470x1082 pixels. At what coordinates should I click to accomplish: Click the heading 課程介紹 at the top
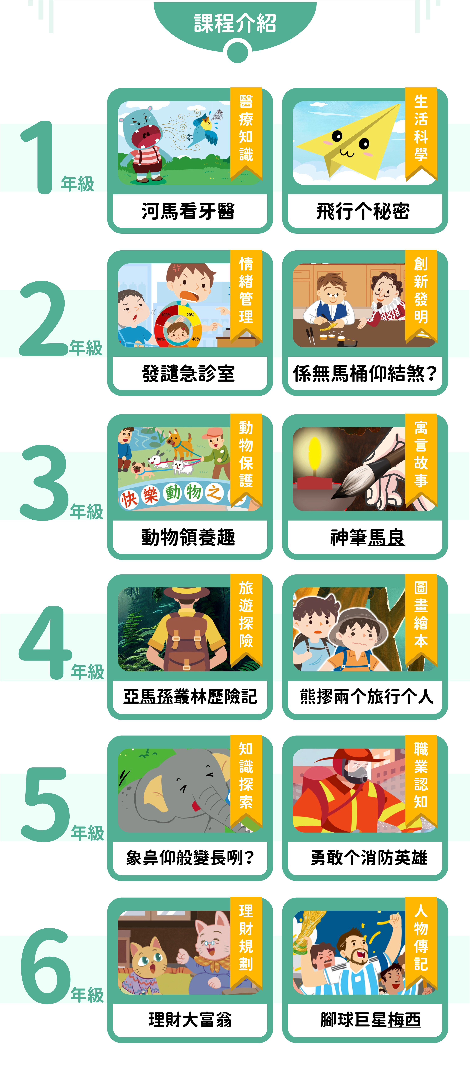tap(235, 23)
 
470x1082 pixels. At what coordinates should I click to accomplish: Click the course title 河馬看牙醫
tap(188, 211)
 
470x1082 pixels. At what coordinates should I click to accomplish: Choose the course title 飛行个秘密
tap(363, 211)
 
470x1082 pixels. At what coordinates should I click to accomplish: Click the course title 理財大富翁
tap(190, 1019)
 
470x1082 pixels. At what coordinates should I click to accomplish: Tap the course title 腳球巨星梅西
tap(371, 1019)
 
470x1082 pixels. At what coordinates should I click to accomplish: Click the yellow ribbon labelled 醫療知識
tap(246, 132)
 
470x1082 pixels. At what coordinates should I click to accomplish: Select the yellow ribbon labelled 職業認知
tap(421, 781)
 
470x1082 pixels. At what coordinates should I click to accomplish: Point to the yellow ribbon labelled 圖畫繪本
tap(421, 620)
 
